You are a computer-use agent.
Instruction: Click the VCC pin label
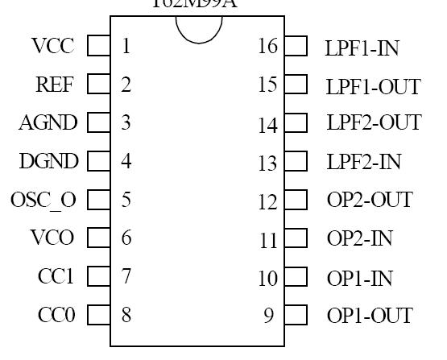point(53,46)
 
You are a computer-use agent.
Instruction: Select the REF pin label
point(55,84)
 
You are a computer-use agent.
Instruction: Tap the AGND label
point(48,122)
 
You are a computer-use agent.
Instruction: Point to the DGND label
point(48,161)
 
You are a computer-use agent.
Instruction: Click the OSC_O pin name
point(43,200)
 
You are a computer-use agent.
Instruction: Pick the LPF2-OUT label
point(373,123)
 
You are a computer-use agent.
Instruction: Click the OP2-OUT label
point(370,200)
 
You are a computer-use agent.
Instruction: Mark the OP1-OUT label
point(370,316)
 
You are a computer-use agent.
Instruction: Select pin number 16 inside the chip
point(267,47)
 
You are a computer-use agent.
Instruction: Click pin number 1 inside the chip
point(126,46)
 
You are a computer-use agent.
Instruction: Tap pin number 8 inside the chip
point(126,315)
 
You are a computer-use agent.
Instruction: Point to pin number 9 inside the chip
point(268,316)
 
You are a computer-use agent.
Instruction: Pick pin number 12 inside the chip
point(267,201)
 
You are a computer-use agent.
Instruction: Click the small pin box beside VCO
point(98,238)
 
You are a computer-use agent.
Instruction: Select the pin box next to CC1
point(98,276)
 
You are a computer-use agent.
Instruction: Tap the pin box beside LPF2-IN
point(296,162)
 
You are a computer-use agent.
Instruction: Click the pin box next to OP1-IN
point(296,278)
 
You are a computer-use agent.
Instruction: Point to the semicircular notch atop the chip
point(198,29)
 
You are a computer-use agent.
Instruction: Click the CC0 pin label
point(56,315)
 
